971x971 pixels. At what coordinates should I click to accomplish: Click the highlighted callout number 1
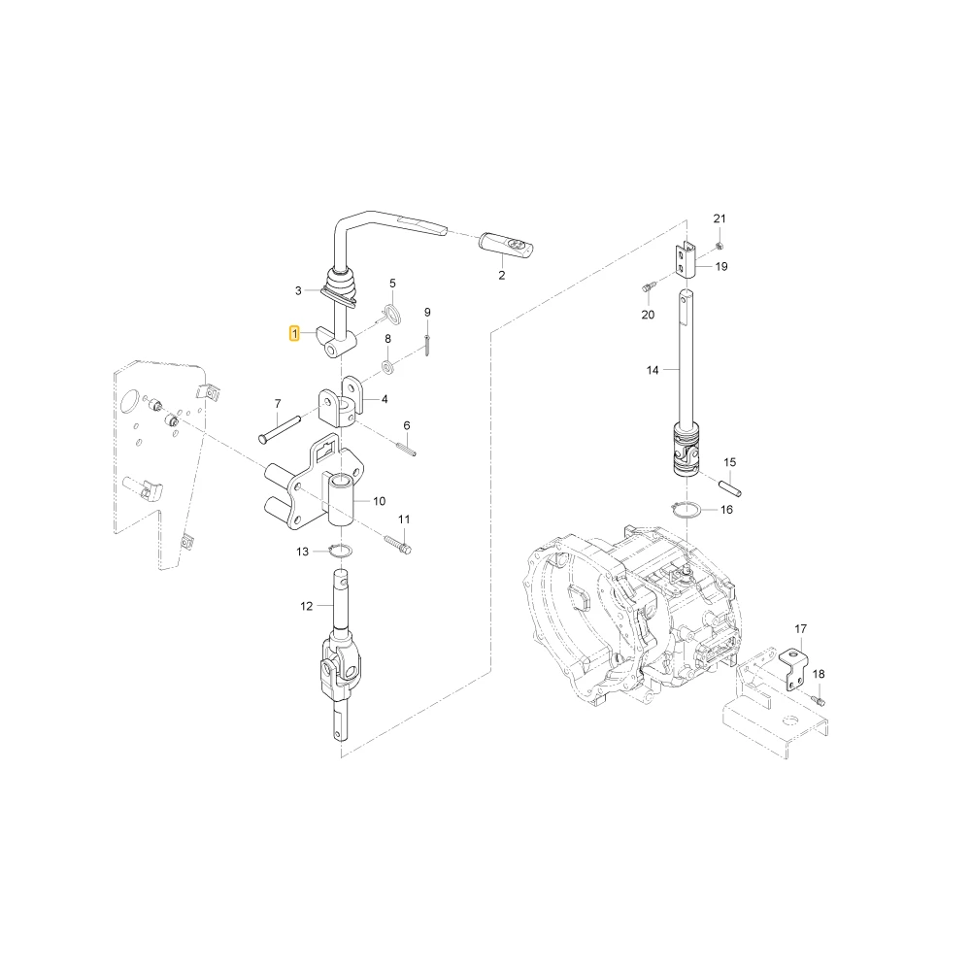[295, 334]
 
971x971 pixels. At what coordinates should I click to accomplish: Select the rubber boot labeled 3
[340, 287]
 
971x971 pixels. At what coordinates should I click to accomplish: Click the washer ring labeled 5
[391, 314]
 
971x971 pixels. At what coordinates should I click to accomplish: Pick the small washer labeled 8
[388, 368]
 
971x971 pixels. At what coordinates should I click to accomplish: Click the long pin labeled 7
[280, 428]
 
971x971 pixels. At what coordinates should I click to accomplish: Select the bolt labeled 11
[397, 545]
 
